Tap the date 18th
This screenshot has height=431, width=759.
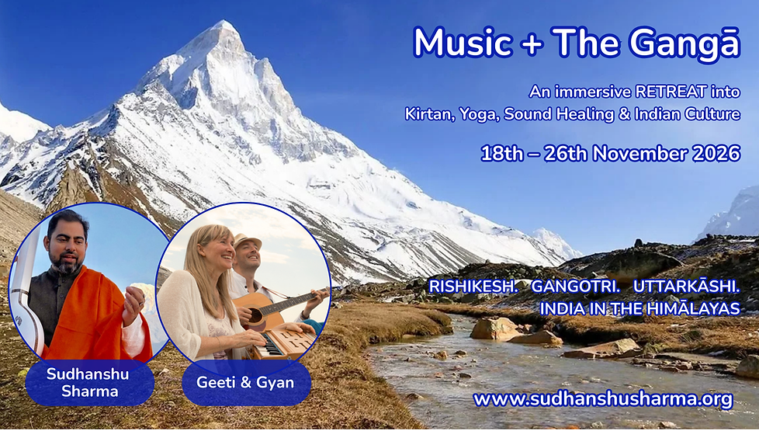click(x=501, y=153)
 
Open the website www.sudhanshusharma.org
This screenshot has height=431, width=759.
click(x=602, y=399)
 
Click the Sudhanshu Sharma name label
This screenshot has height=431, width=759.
click(x=88, y=381)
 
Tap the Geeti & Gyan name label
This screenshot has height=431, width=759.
click(x=246, y=381)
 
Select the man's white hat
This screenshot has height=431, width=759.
click(x=248, y=242)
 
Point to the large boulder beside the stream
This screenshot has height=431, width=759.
click(x=494, y=328)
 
